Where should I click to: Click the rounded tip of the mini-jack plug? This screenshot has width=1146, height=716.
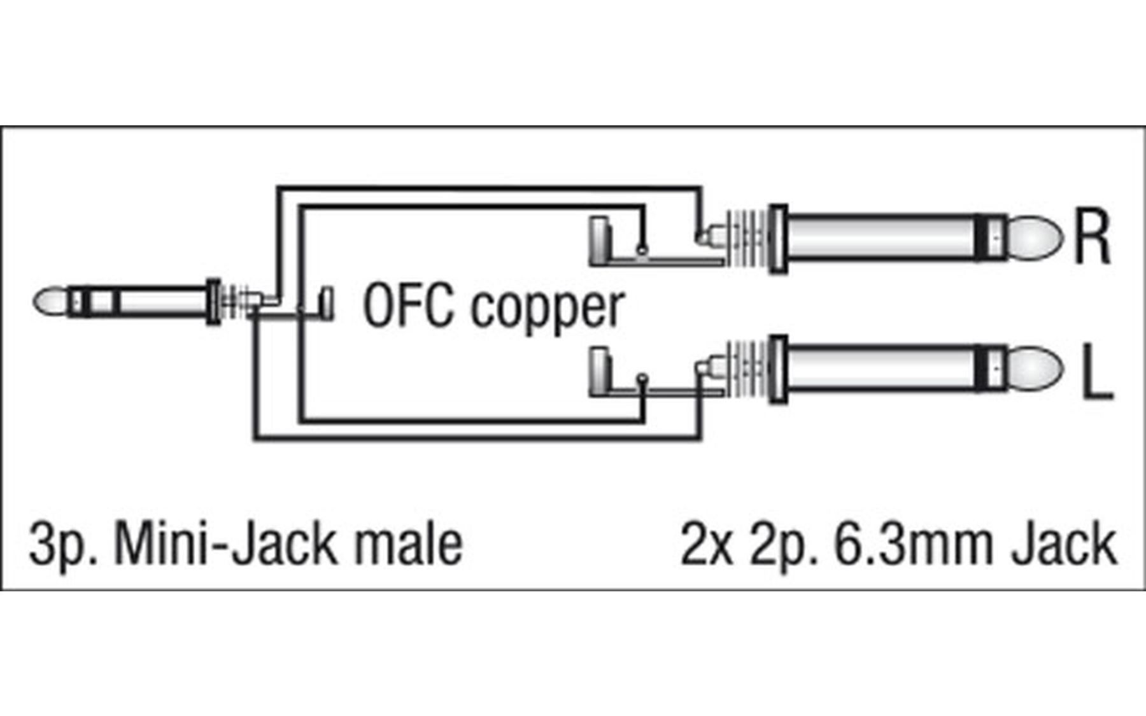tap(50, 302)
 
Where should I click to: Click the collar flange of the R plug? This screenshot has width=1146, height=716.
tap(778, 238)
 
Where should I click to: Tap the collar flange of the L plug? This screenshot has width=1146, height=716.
tap(778, 369)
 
